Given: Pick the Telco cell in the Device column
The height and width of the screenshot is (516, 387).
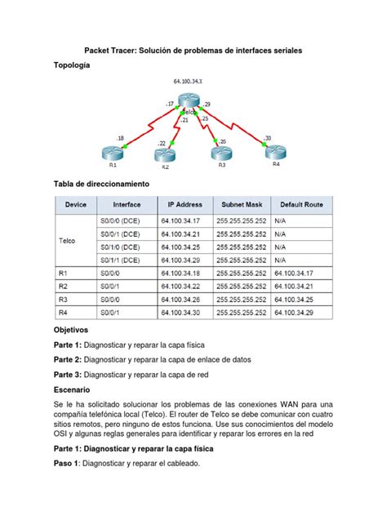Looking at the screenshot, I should pos(68,241).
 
